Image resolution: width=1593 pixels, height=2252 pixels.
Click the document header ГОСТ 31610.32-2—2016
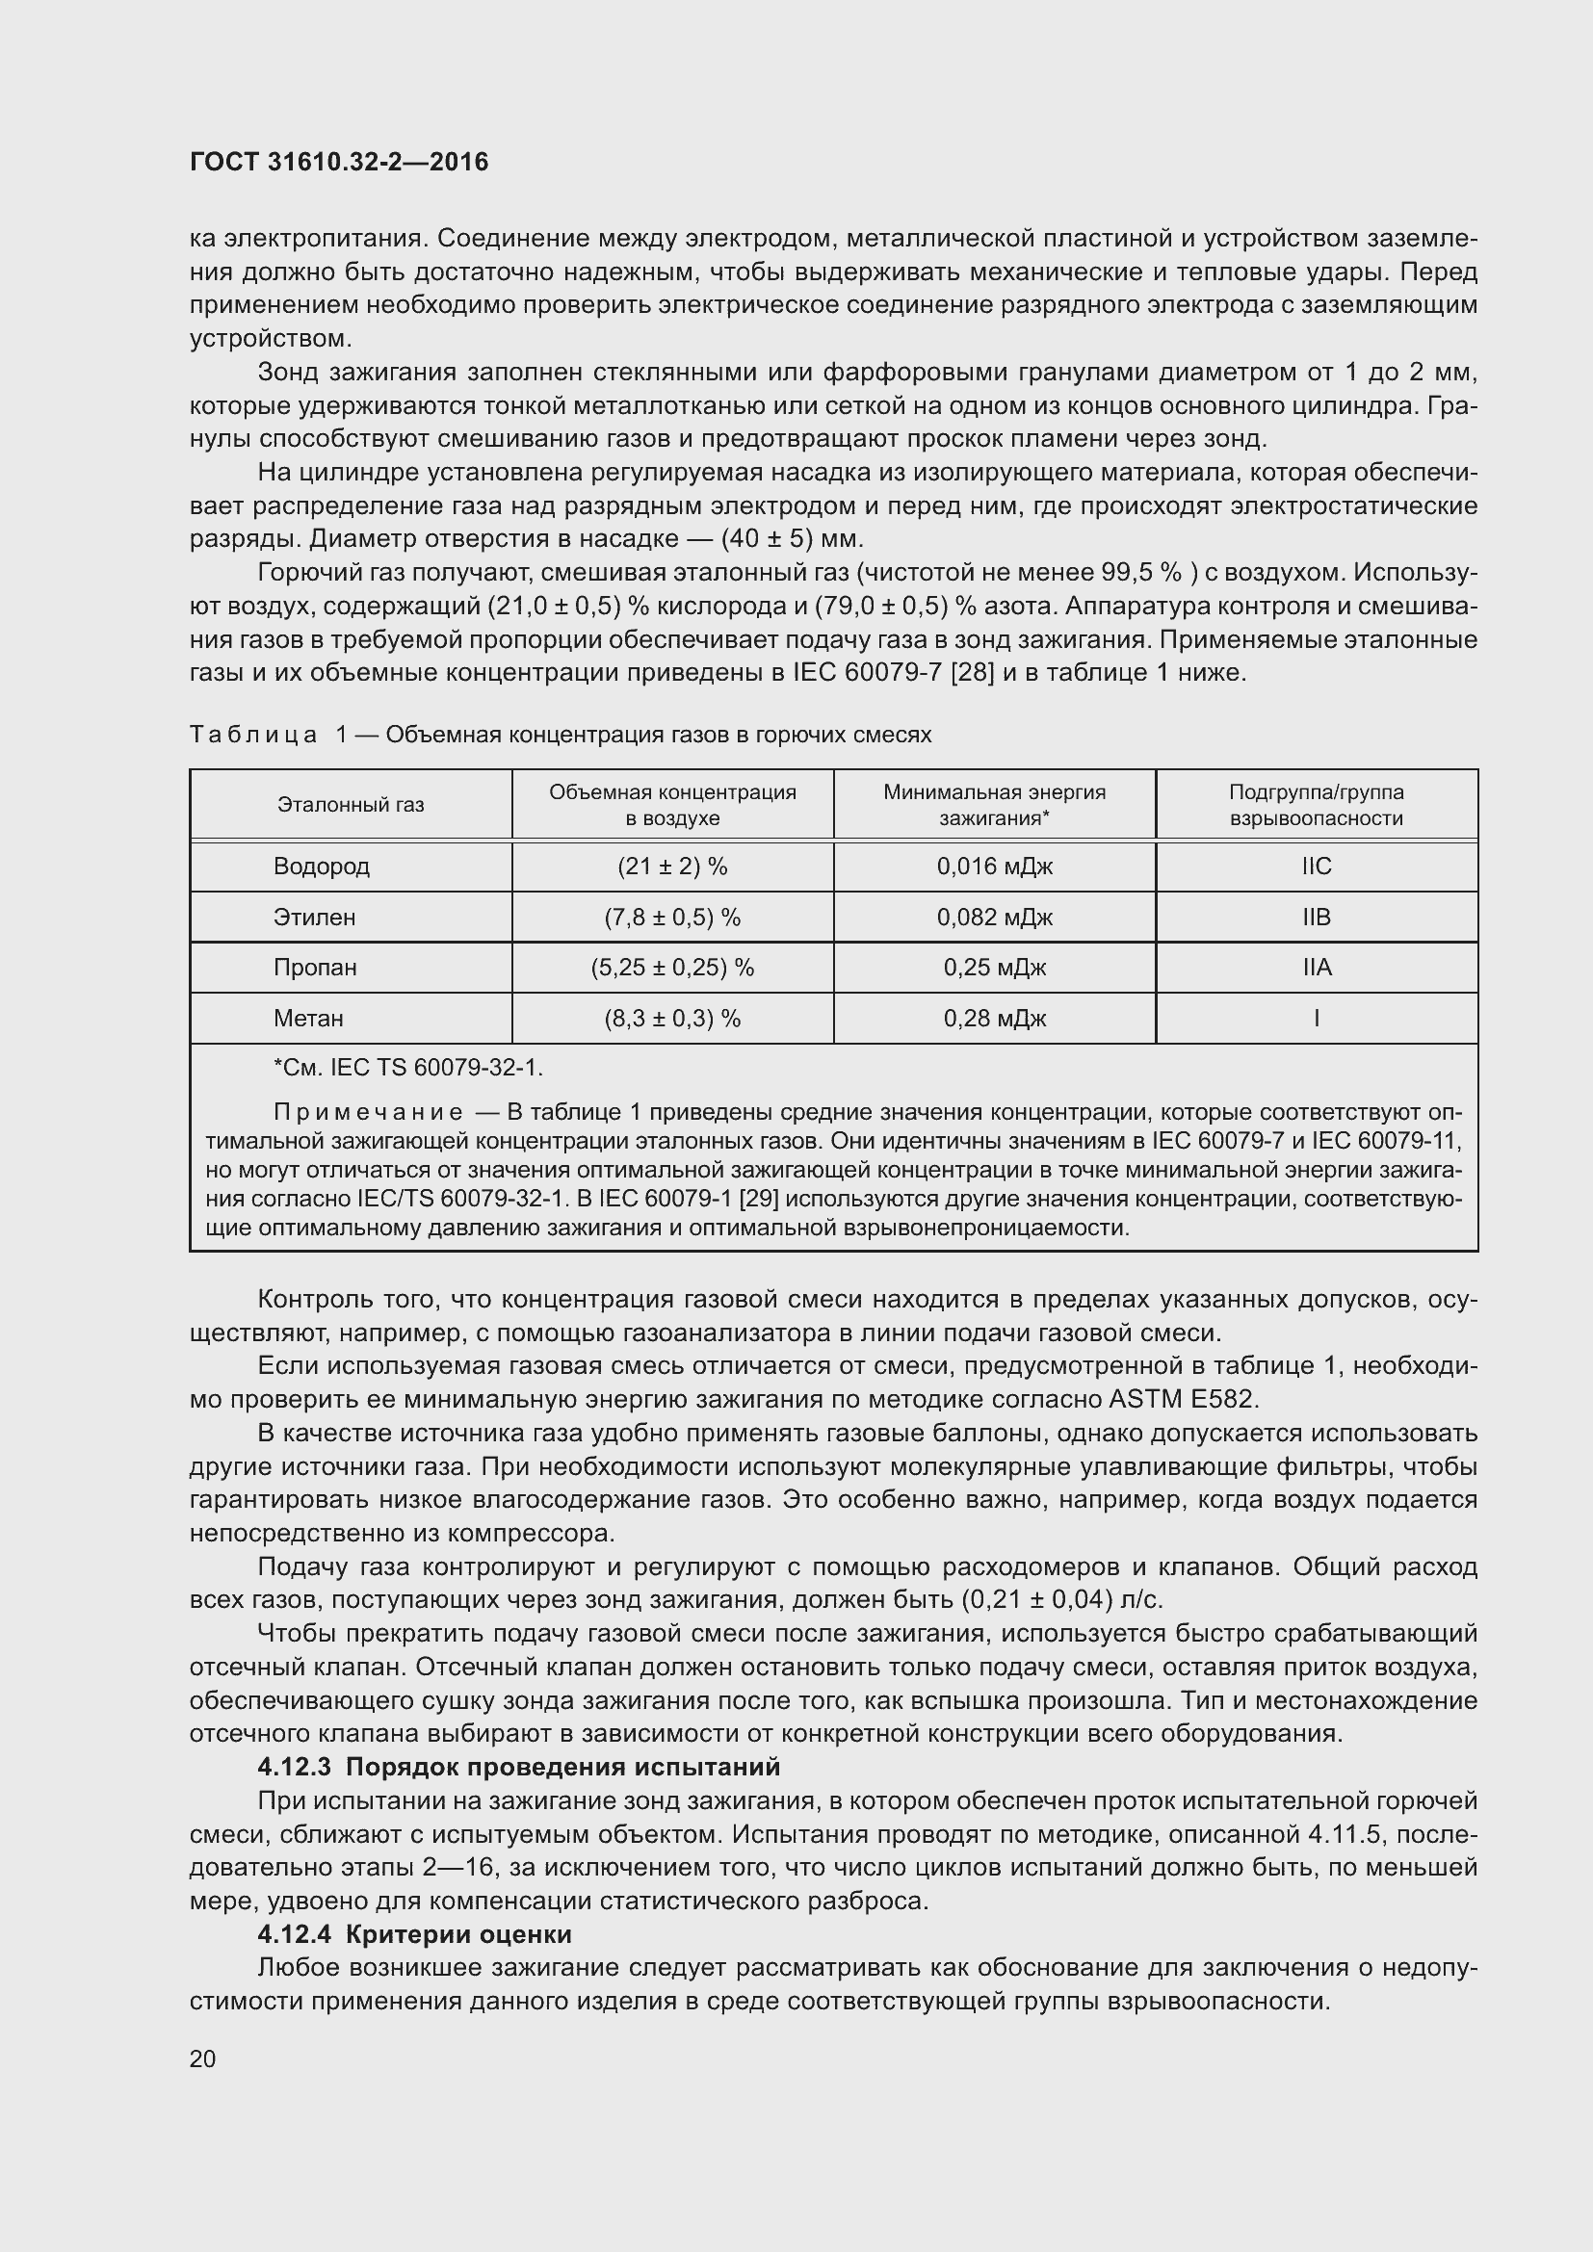tap(338, 163)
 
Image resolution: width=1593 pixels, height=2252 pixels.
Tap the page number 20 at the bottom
tap(203, 2058)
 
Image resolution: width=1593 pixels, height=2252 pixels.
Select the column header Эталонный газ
tap(351, 804)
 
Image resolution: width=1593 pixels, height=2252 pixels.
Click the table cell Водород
tap(321, 867)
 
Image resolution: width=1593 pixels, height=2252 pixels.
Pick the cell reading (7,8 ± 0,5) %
tap(672, 918)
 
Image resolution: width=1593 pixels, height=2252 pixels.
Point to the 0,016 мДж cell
tap(994, 867)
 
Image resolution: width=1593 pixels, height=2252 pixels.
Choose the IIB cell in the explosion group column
tap(1316, 918)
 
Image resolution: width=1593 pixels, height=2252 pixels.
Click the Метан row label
tap(308, 1018)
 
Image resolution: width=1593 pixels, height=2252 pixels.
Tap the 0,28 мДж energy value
tap(994, 1018)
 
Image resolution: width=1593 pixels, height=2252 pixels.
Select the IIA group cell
tap(1316, 967)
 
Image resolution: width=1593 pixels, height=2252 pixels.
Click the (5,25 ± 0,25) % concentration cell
tap(672, 967)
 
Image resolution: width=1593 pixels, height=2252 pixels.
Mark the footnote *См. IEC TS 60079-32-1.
tap(407, 1067)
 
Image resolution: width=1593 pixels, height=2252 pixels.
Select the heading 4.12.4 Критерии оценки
tap(414, 1934)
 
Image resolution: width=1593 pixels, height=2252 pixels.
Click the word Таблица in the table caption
tap(253, 735)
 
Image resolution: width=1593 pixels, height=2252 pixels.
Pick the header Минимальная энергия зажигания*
tap(994, 804)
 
